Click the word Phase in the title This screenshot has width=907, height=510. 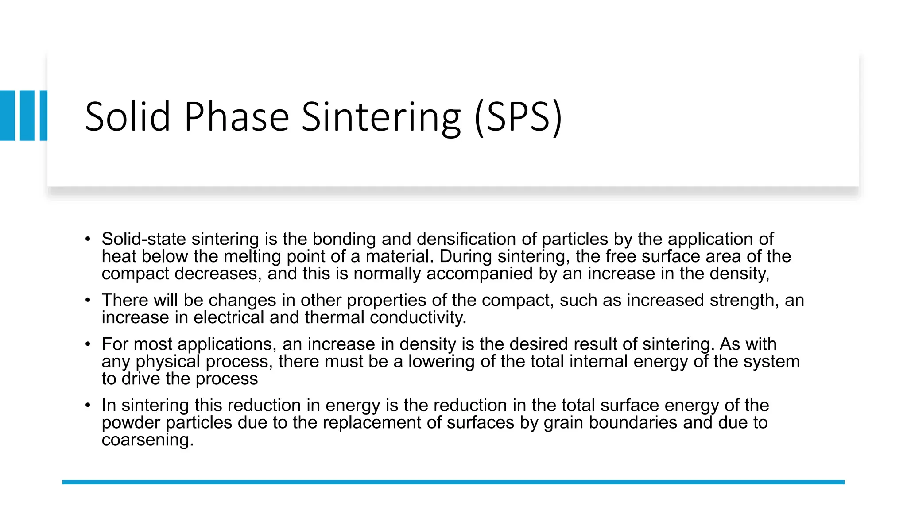click(x=236, y=117)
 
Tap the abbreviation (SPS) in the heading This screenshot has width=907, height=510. click(x=518, y=117)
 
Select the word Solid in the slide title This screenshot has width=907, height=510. click(x=128, y=117)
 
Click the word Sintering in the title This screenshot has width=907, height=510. click(x=381, y=117)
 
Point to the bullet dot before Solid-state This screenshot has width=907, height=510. click(x=88, y=239)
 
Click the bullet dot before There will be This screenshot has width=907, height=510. click(x=88, y=300)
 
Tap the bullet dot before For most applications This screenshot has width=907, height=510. click(x=88, y=344)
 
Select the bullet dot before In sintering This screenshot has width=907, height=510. click(x=88, y=405)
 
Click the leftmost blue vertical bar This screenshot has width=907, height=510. click(x=8, y=116)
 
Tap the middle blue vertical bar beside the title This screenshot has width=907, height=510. click(x=27, y=116)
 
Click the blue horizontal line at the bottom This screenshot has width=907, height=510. click(x=453, y=482)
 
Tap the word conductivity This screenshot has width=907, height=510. click(x=418, y=317)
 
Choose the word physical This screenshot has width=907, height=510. click(x=168, y=362)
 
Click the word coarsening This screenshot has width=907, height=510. click(x=147, y=440)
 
